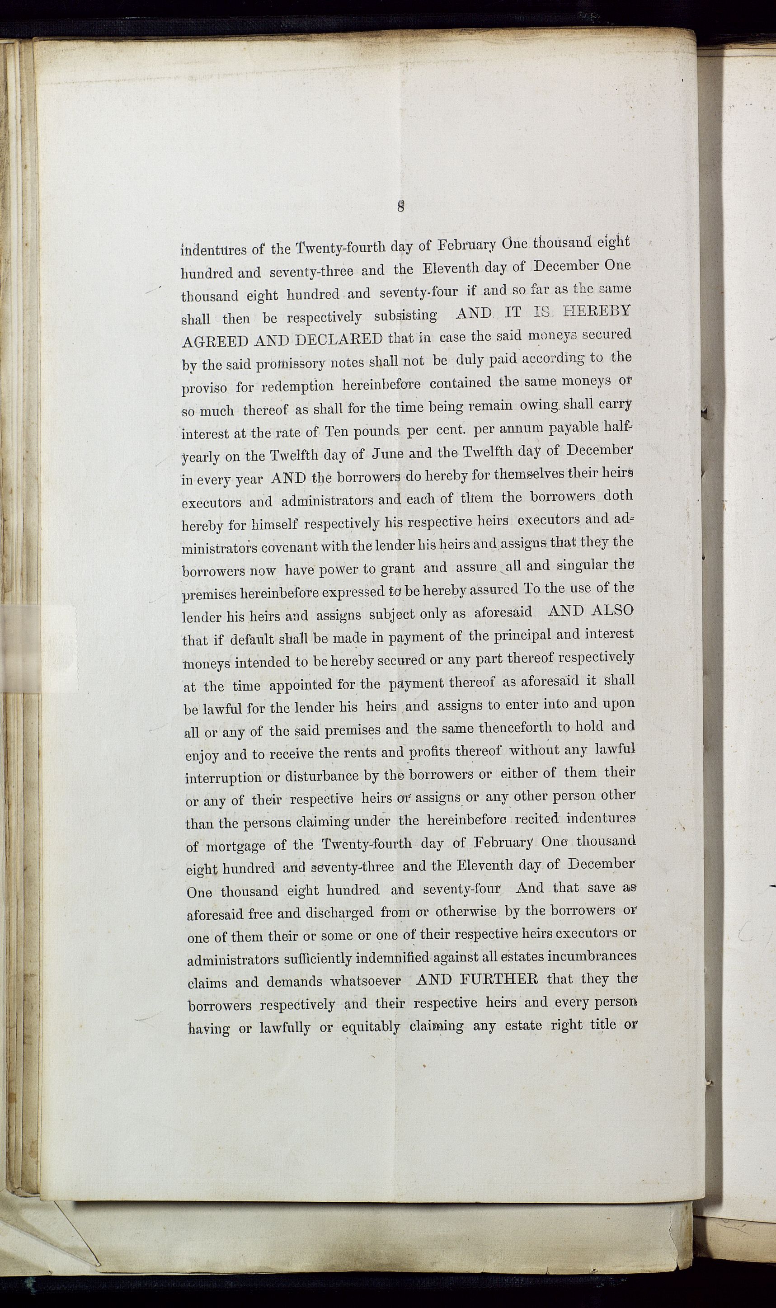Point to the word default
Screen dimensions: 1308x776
tap(256, 639)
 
